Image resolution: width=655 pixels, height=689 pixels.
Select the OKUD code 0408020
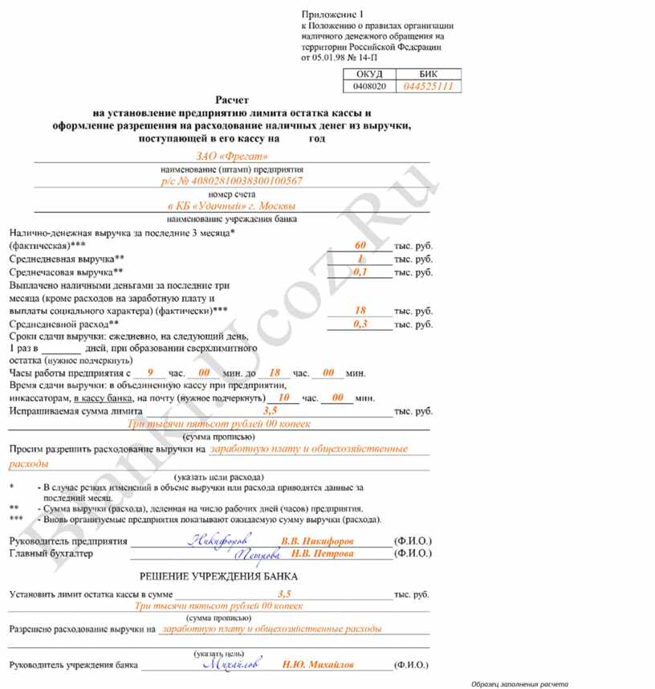pyautogui.click(x=369, y=86)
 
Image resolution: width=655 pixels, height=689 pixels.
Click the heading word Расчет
pyautogui.click(x=232, y=100)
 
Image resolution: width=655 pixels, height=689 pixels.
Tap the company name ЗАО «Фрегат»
pyautogui.click(x=231, y=156)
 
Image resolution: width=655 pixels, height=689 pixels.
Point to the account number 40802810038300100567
pyautogui.click(x=232, y=181)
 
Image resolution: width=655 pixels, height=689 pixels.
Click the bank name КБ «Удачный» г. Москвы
pyautogui.click(x=232, y=206)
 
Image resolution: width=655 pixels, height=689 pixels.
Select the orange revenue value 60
pyautogui.click(x=360, y=243)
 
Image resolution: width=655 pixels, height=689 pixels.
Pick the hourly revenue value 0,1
pyautogui.click(x=360, y=272)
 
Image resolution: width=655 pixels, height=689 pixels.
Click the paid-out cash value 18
pyautogui.click(x=360, y=310)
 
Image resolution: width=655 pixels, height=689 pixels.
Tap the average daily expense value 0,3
pyautogui.click(x=360, y=324)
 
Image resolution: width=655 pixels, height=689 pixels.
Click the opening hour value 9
pyautogui.click(x=150, y=373)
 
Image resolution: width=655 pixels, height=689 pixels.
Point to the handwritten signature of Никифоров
pyautogui.click(x=220, y=540)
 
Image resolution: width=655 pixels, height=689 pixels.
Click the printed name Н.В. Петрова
pyautogui.click(x=322, y=553)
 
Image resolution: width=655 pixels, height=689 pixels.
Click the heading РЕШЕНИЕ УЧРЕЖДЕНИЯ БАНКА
pyautogui.click(x=218, y=577)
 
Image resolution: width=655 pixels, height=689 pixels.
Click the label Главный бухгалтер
pyautogui.click(x=51, y=554)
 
